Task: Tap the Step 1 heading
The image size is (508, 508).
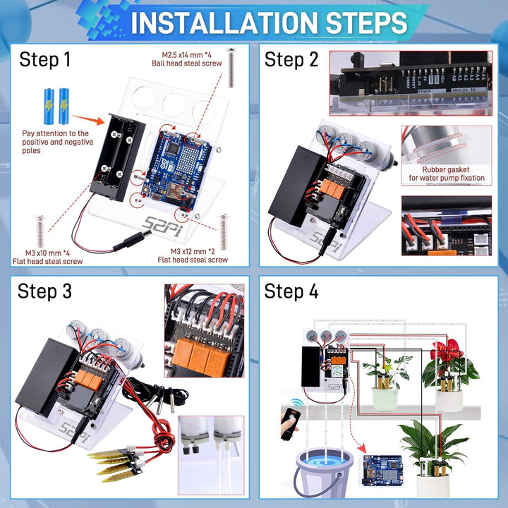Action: pos(45,60)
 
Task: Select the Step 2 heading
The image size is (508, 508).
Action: pos(291,60)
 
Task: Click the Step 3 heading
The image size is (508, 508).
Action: pos(45,291)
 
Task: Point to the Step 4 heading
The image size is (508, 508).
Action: pos(291,291)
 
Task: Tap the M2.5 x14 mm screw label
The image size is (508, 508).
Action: pos(187,59)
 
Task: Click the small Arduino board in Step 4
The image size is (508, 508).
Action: pos(382,468)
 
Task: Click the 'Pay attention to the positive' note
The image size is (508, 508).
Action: pos(55,142)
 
